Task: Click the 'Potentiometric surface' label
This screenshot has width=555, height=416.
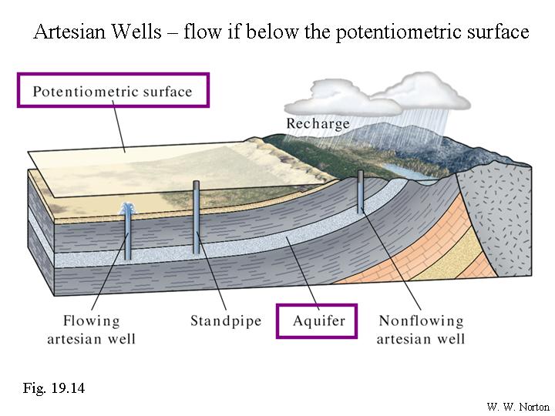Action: coord(113,92)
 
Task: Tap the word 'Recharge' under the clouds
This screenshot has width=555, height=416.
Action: coord(318,123)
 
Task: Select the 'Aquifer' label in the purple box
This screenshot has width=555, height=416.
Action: coord(317,320)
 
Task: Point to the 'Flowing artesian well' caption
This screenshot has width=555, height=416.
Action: coord(92,330)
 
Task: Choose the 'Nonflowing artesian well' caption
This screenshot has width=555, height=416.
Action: coord(422,330)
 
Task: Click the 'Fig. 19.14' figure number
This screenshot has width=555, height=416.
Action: coord(53,387)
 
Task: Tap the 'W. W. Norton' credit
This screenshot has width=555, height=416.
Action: coord(519,406)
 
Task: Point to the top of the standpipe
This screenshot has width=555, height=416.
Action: coord(197,183)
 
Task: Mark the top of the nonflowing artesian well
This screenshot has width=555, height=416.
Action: coord(360,173)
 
